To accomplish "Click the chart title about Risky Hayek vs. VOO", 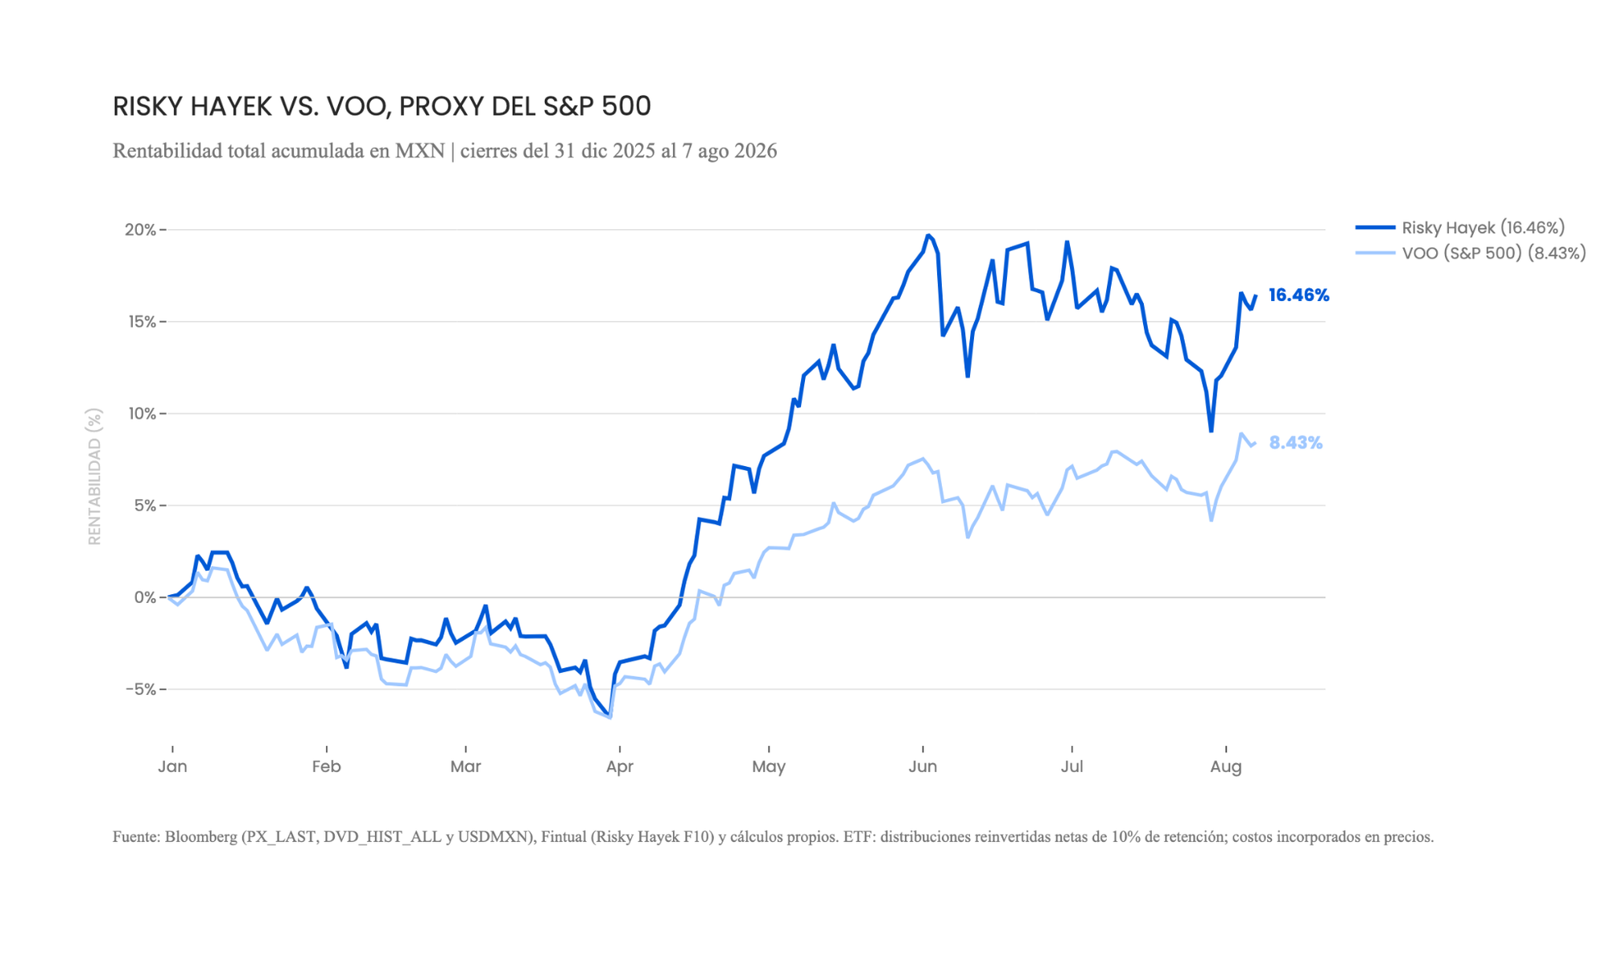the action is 382,106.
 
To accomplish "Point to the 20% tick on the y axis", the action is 140,230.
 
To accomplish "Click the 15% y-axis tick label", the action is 141,322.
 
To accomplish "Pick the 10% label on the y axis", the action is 141,414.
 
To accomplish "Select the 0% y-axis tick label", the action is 145,597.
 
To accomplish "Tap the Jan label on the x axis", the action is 172,766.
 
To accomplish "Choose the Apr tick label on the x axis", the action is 620,766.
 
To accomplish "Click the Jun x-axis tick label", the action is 923,766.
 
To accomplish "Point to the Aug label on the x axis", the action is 1226,766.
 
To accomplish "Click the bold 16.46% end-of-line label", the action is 1298,295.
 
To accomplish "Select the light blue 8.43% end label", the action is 1296,443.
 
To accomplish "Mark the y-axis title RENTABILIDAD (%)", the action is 95,477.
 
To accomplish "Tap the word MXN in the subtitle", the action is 419,151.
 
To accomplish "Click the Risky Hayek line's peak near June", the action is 928,235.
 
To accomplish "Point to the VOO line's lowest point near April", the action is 611,717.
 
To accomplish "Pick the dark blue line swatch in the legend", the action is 1375,228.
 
